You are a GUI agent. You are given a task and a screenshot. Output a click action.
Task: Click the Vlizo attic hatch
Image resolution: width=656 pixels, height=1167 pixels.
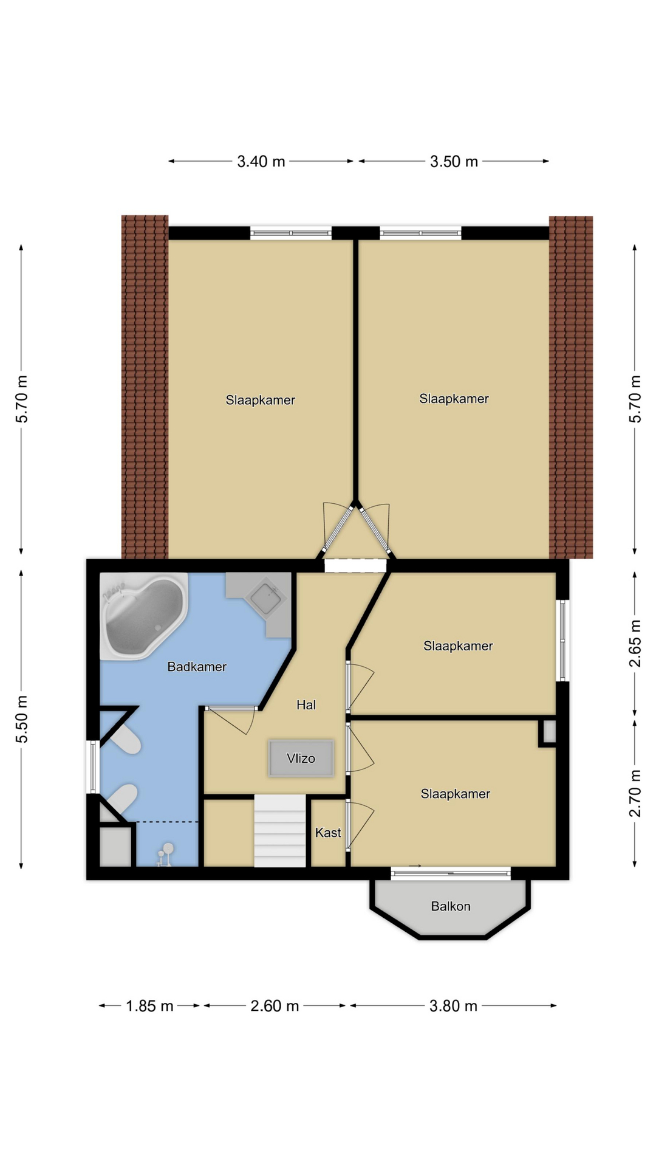301,758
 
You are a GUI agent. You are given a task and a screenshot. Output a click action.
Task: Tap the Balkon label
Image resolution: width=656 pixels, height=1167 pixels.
451,906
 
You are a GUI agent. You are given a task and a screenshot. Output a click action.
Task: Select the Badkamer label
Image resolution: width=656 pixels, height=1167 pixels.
197,667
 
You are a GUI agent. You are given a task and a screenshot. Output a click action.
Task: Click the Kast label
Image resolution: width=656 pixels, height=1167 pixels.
328,833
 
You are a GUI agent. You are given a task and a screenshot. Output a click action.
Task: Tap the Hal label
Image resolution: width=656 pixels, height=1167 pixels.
306,705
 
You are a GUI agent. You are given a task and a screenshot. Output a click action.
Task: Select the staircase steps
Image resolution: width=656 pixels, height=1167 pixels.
280,831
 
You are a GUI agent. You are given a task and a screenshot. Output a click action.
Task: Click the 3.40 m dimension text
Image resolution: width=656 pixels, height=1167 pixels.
261,162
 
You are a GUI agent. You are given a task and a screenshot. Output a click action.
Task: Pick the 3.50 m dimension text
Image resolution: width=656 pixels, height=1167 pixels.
454,162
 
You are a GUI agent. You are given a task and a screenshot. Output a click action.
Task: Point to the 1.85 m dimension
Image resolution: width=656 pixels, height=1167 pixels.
150,1006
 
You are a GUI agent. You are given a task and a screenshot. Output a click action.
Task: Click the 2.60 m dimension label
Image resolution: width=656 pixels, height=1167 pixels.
275,1006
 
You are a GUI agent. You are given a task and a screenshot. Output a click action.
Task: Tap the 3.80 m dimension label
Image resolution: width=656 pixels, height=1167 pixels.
454,1006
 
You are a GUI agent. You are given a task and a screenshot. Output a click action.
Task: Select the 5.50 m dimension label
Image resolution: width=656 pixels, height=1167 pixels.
22,719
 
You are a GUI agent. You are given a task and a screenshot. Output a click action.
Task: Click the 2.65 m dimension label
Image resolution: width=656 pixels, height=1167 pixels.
635,644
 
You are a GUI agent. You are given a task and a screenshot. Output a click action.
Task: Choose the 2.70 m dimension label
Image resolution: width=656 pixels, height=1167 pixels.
635,794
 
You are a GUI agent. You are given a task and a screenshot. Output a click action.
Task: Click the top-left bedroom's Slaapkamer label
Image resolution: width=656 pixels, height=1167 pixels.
261,400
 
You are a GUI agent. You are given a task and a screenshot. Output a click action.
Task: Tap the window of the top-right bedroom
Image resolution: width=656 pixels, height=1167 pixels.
420,233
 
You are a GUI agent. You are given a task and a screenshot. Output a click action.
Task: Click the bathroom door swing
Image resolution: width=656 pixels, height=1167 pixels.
231,721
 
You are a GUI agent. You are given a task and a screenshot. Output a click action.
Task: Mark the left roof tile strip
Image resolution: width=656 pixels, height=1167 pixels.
145,387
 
